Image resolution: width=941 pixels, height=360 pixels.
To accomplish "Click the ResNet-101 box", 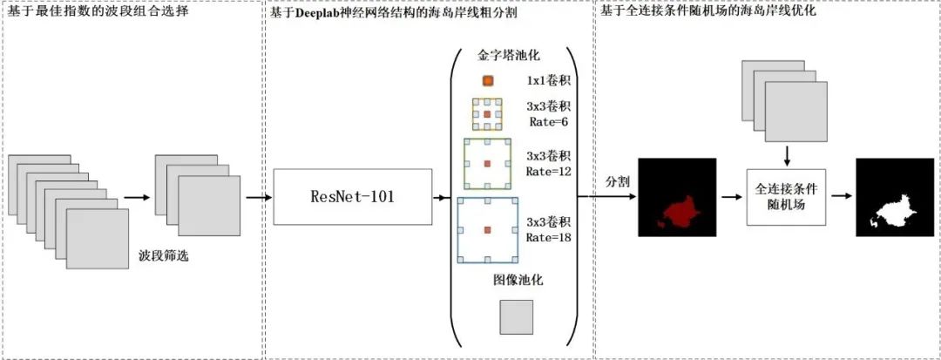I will pyautogui.click(x=352, y=197).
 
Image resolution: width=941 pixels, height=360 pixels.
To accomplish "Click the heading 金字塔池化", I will pyautogui.click(x=509, y=55).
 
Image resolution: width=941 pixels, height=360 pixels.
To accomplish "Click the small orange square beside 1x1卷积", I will pyautogui.click(x=488, y=81).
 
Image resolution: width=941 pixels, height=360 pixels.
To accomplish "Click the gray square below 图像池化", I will pyautogui.click(x=515, y=318).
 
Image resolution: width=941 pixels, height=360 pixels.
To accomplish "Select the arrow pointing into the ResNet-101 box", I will pyautogui.click(x=259, y=197).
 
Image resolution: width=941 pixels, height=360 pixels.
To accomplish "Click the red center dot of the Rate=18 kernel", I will pyautogui.click(x=488, y=230).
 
